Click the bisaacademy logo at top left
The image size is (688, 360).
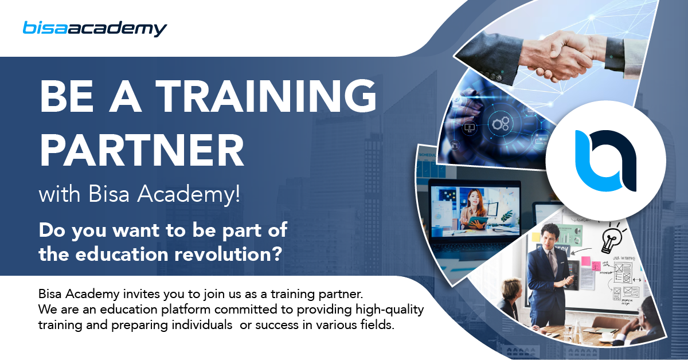pos(95,29)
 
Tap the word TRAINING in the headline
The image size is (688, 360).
pos(266,96)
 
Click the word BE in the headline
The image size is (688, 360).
pos(67,96)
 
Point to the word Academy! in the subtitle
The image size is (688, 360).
pos(189,194)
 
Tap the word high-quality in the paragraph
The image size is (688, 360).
pos(390,310)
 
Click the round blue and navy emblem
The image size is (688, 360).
pos(605,161)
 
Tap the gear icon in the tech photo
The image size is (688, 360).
pos(501,123)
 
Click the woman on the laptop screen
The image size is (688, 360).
pos(475,209)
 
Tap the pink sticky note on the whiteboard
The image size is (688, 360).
pos(586,261)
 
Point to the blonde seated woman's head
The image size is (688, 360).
pos(511,289)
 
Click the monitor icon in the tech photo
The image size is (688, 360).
pos(470,127)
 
